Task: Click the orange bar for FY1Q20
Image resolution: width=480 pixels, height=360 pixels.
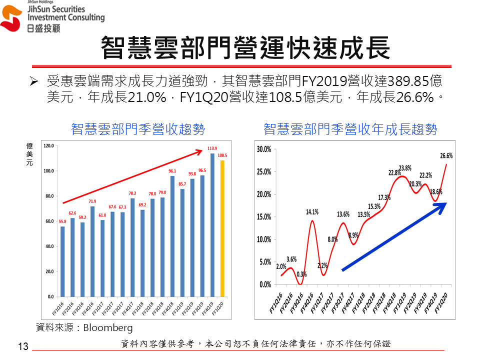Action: tap(222, 228)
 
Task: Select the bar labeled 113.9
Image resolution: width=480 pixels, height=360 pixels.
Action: tap(212, 225)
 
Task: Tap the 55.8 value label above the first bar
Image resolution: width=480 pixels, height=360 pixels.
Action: tap(62, 221)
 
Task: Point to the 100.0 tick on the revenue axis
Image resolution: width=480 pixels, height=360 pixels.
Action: tap(49, 171)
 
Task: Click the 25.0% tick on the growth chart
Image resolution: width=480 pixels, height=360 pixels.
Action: tap(263, 171)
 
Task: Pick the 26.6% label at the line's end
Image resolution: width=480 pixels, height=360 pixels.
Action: tap(446, 156)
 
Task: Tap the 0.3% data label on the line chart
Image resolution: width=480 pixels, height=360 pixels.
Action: tap(301, 274)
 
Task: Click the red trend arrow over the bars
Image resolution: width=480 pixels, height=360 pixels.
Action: tap(132, 176)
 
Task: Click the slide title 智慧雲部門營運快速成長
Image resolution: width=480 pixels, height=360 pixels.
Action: tap(245, 48)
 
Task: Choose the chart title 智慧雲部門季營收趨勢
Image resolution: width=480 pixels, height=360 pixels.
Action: tap(138, 129)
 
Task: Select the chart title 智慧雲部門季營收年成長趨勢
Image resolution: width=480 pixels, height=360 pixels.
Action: tap(350, 129)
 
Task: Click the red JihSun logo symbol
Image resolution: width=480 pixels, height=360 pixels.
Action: tap(11, 19)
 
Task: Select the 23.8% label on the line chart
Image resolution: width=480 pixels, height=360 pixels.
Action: tap(405, 168)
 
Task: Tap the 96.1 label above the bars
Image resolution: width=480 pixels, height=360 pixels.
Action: tap(172, 171)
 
